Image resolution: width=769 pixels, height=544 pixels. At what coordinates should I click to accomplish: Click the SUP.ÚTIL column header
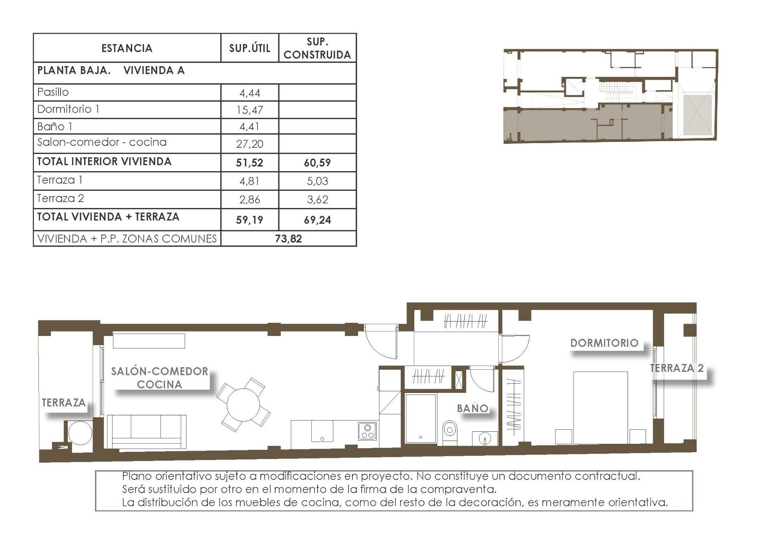250,48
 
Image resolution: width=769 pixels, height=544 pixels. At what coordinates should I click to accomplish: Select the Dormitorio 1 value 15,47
250,110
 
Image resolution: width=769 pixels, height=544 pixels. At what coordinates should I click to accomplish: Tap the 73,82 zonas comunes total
288,239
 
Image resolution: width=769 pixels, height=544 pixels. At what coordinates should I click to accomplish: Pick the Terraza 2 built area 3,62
317,200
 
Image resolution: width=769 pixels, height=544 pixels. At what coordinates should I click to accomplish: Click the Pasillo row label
53,92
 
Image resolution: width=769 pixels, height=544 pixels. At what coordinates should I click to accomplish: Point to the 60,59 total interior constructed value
317,163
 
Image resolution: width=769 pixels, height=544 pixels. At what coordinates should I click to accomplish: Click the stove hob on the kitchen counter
367,431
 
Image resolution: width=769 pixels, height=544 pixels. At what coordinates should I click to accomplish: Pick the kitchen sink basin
322,431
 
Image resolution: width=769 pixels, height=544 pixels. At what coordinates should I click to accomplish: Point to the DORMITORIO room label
604,343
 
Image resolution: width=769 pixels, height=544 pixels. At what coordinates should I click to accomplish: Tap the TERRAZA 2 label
676,368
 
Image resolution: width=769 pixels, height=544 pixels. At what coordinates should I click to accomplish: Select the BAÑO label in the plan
473,409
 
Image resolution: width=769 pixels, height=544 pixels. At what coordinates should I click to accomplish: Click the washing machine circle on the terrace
80,433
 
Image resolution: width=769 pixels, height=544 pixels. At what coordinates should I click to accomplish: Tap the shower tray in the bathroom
420,418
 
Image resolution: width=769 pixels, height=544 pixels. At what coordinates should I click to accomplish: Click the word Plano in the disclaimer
137,476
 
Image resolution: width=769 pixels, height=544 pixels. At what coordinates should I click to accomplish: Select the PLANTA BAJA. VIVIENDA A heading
111,71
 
